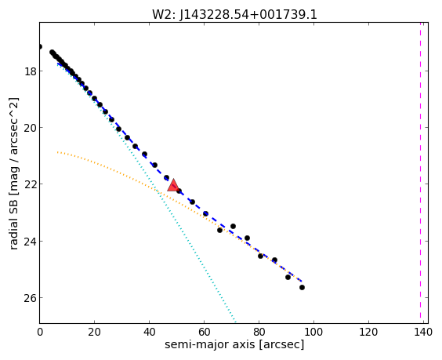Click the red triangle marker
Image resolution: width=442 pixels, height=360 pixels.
point(173,185)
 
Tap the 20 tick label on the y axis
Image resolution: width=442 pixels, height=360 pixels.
point(30,128)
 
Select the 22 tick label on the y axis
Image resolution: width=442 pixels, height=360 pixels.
point(30,185)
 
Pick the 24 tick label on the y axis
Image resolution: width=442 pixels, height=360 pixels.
point(30,242)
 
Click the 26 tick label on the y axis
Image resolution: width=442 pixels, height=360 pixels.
point(30,299)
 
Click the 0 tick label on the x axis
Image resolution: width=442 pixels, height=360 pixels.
point(40,332)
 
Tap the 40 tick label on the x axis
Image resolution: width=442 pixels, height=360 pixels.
point(149,332)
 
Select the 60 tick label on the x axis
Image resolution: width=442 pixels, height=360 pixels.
point(204,332)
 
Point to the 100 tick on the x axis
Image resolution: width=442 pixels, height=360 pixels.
point(313,332)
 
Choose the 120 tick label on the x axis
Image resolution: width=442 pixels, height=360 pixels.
point(368,332)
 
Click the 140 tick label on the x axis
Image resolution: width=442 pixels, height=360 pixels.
point(423,332)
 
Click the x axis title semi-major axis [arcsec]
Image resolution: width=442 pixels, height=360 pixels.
point(234,345)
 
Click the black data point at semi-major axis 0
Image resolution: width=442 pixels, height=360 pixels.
point(40,46)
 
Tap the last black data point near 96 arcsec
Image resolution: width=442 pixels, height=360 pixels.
point(302,288)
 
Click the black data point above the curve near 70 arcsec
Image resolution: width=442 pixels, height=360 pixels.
point(233,226)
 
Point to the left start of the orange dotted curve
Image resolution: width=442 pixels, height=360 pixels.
point(57,152)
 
